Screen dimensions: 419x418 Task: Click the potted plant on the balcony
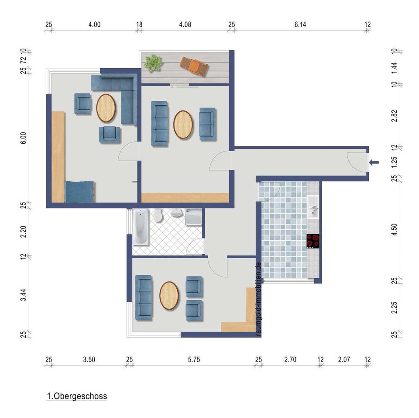(x=153, y=63)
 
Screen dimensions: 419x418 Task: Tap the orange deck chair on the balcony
(x=194, y=66)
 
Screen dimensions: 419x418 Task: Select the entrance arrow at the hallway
(x=374, y=162)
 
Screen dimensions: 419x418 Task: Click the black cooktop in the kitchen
(x=313, y=241)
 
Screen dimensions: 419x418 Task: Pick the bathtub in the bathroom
(x=141, y=227)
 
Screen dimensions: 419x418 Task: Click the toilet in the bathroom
(x=158, y=215)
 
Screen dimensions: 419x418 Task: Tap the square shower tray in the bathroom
(x=193, y=217)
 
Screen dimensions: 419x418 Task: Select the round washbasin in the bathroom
(x=176, y=213)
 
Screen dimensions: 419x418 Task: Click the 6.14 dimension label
(x=300, y=24)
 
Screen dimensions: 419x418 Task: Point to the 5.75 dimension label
(x=194, y=360)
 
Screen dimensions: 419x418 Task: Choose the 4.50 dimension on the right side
(x=394, y=229)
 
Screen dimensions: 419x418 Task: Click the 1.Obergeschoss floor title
(x=77, y=396)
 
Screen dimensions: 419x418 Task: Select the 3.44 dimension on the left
(x=24, y=295)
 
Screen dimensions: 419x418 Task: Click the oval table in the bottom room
(x=169, y=296)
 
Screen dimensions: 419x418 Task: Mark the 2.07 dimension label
(x=344, y=360)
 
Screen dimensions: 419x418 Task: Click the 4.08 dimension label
(x=185, y=24)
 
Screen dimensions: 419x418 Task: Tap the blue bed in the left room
(x=80, y=192)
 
